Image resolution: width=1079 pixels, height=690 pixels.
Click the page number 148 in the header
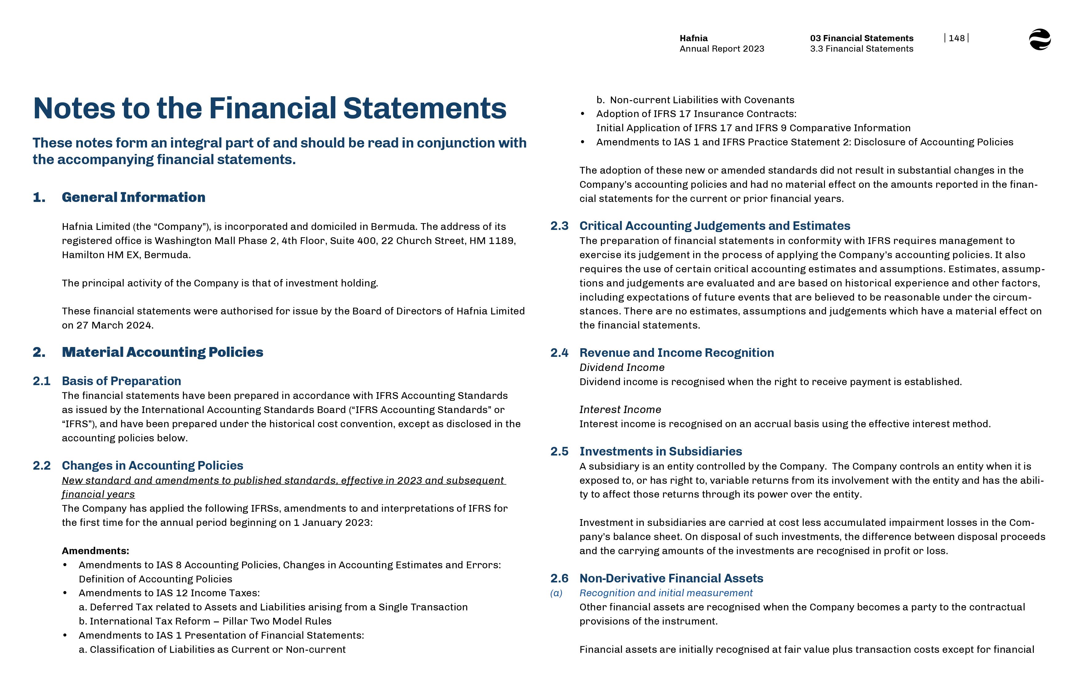pyautogui.click(x=956, y=38)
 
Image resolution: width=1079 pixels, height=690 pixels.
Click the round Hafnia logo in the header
pyautogui.click(x=1040, y=39)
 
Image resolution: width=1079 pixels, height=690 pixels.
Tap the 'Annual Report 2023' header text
pyautogui.click(x=722, y=49)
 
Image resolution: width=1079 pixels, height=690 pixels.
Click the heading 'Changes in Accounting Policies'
pyautogui.click(x=153, y=466)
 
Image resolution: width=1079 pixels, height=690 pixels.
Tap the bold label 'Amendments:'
pyautogui.click(x=95, y=551)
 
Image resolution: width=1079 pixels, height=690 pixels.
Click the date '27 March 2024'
pyautogui.click(x=114, y=325)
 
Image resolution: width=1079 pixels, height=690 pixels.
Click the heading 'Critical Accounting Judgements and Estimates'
pyautogui.click(x=715, y=226)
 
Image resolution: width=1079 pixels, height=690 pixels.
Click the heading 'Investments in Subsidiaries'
pyautogui.click(x=660, y=451)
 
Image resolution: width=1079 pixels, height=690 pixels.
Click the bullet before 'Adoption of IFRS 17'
pyautogui.click(x=582, y=114)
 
